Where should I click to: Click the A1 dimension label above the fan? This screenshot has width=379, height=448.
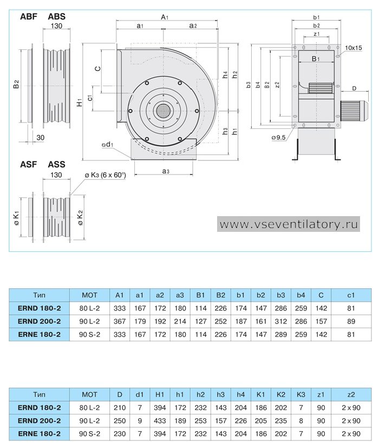coord(165,17)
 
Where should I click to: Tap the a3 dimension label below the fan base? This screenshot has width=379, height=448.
coord(166,171)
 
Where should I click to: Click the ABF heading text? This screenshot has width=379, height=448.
coord(29,17)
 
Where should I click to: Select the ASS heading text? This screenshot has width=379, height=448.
coord(56,164)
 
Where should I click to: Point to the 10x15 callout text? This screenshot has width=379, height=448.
coord(354,48)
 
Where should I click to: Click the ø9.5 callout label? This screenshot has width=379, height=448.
coord(278,138)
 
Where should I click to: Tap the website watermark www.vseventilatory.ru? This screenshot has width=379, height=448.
coord(289,224)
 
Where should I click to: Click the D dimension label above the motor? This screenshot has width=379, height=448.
coord(354,88)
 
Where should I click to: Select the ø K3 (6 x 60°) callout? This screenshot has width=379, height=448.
coord(106,175)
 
